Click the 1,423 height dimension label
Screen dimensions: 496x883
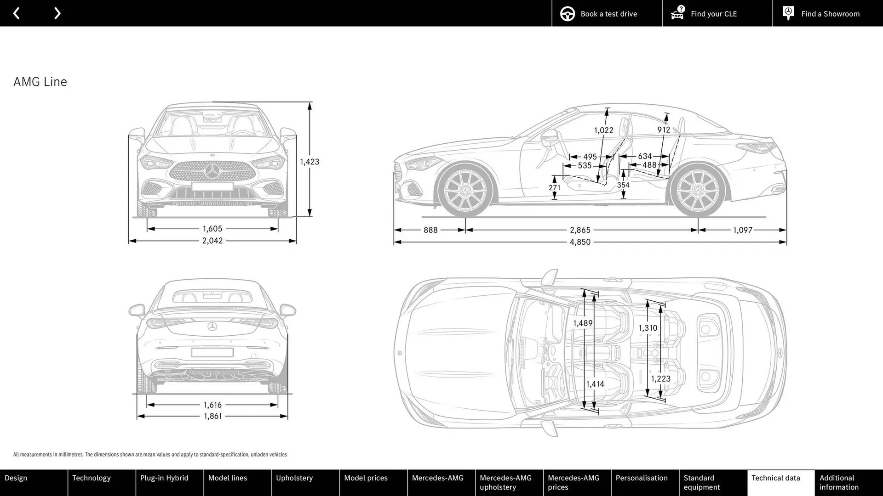[x=309, y=162]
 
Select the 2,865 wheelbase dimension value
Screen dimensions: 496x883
[x=580, y=230]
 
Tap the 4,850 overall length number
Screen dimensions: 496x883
[x=580, y=242]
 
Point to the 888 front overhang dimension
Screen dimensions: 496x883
[x=430, y=230]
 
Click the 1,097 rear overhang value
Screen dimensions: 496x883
[x=742, y=230]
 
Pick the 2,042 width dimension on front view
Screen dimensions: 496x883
[x=212, y=241]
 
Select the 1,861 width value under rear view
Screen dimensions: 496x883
[x=212, y=416]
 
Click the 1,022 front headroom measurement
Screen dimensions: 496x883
[x=603, y=130]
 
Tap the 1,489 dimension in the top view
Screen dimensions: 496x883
[x=582, y=323]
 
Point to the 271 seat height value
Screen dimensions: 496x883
[x=555, y=188]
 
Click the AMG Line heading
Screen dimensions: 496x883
[x=40, y=82]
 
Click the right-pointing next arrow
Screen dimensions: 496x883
[x=57, y=13]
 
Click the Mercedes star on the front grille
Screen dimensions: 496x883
[x=212, y=172]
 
